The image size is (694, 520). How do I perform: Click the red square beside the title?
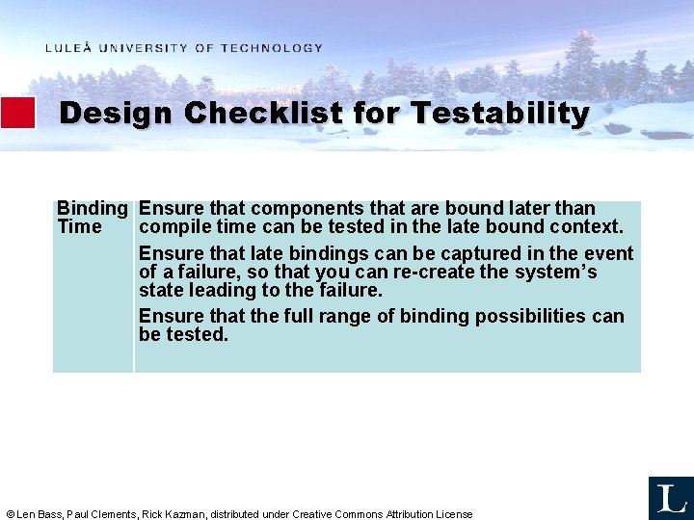coord(17,113)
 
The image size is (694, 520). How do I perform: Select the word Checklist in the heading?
coord(263,114)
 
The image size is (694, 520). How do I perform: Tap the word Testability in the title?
coord(499,114)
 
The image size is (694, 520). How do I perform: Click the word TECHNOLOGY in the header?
coord(272,48)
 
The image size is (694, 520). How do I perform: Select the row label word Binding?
coord(93,209)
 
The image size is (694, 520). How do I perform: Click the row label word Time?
coord(79,227)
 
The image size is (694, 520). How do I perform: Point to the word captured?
coord(431,254)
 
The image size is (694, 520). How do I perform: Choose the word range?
coord(334,317)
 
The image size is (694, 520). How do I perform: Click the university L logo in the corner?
coord(670,498)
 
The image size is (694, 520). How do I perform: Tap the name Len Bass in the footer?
coord(40,514)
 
